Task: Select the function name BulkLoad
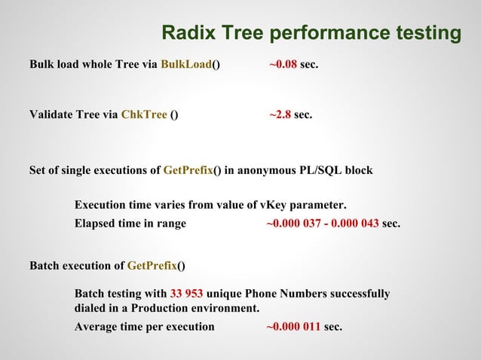coord(185,66)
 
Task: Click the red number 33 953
coord(186,293)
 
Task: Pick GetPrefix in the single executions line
coord(188,170)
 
